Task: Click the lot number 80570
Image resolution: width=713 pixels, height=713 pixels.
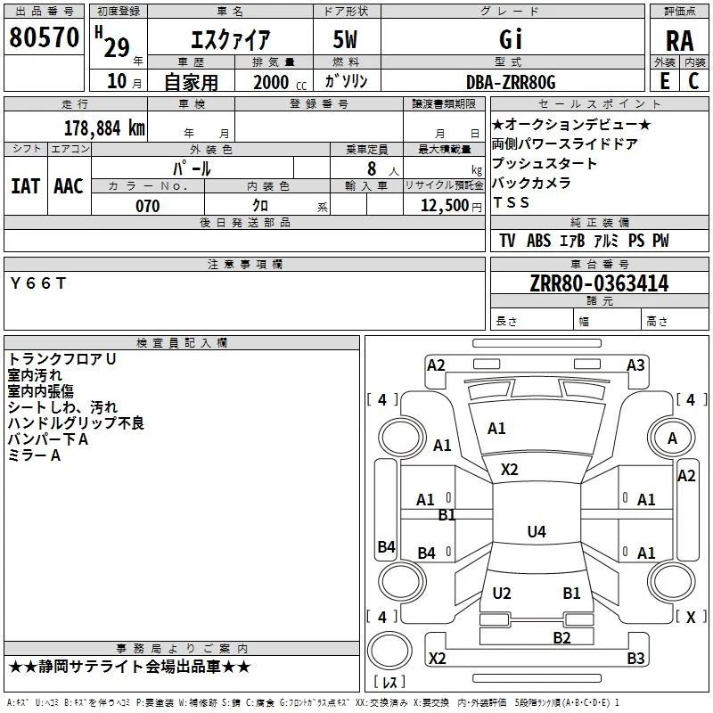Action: click(44, 37)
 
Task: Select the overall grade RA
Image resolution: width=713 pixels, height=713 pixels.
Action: click(680, 41)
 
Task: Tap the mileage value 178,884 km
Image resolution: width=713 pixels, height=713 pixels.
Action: click(104, 128)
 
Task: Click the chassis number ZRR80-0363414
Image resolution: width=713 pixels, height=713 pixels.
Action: click(599, 283)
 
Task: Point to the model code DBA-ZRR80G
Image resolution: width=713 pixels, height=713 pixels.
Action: click(511, 82)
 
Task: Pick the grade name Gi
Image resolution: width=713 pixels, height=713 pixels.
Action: click(511, 39)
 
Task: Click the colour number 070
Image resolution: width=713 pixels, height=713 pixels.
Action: click(148, 206)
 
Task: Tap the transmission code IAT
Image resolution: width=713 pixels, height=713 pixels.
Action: click(26, 186)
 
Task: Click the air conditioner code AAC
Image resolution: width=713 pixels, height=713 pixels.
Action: click(69, 186)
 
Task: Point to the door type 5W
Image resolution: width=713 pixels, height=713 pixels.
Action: click(345, 39)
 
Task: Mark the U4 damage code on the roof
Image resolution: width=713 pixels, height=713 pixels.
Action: click(537, 531)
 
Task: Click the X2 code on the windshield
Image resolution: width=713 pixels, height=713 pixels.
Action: click(509, 470)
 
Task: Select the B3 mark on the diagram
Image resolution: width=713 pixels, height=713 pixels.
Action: click(635, 658)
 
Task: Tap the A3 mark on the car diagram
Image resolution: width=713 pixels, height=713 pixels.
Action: click(635, 365)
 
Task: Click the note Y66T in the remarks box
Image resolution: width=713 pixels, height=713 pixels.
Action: click(38, 283)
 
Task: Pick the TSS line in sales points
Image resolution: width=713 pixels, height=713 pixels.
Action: click(511, 202)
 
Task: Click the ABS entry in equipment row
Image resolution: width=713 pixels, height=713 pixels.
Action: click(539, 241)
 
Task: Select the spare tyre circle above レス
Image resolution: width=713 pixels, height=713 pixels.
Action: click(389, 651)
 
